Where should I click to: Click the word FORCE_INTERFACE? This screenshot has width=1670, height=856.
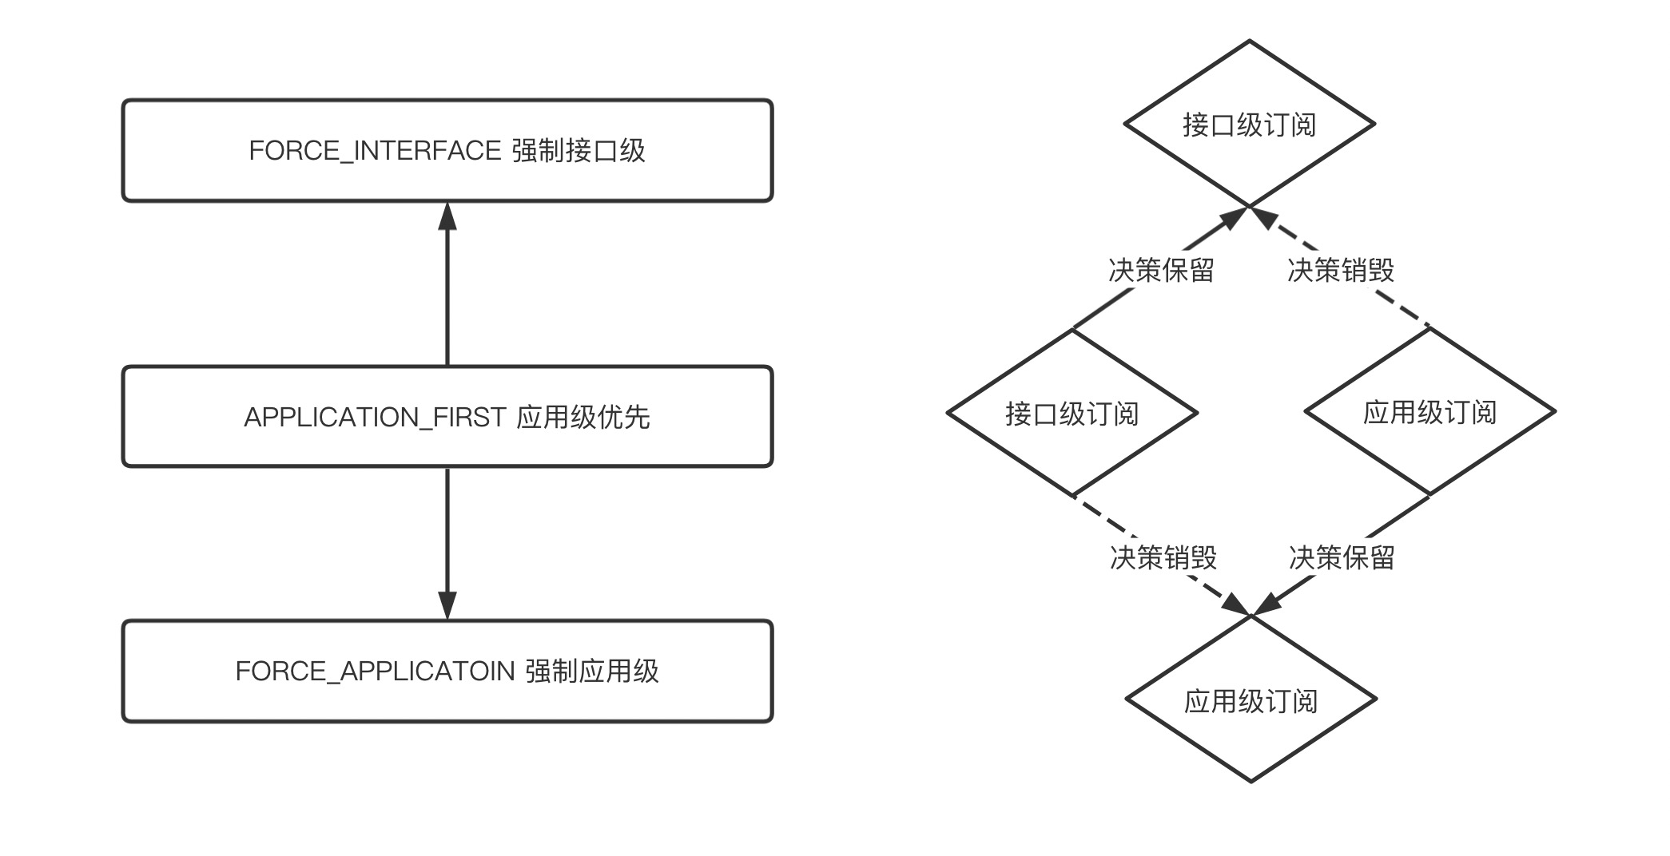(x=375, y=151)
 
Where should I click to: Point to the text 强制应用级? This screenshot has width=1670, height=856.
(x=592, y=671)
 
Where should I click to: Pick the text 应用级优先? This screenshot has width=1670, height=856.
(x=583, y=417)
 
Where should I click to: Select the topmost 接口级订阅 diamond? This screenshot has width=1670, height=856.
(x=1249, y=125)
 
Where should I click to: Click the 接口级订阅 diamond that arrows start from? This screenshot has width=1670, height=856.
(x=1072, y=414)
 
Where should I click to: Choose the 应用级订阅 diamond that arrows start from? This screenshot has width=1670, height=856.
(x=1429, y=412)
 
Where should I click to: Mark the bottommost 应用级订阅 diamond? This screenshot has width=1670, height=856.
(x=1251, y=701)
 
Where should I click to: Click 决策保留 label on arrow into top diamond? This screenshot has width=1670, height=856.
(x=1161, y=270)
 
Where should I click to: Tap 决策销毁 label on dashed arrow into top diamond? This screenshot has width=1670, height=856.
(x=1341, y=270)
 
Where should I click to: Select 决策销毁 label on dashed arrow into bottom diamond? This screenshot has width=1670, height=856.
(x=1163, y=557)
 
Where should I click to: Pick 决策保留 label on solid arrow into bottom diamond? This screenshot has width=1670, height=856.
(x=1342, y=557)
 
